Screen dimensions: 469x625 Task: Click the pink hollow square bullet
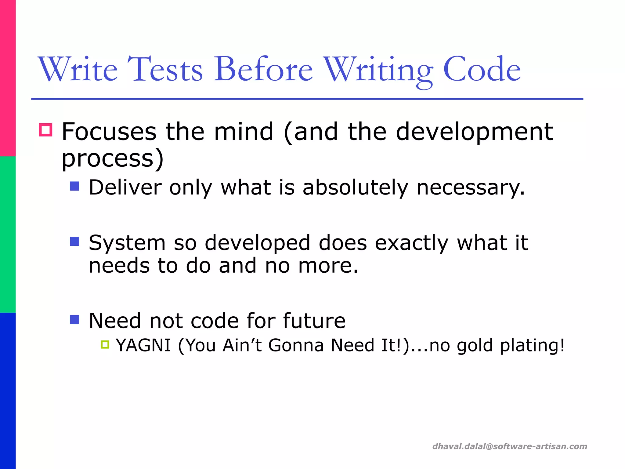(x=46, y=130)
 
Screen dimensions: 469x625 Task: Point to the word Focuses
(x=109, y=132)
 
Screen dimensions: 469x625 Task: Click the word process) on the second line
(x=113, y=159)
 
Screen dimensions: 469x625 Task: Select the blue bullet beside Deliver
(x=74, y=186)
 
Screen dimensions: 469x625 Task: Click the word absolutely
(x=355, y=187)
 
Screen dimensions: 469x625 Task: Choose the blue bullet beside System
(x=74, y=242)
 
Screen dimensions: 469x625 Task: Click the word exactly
(x=411, y=243)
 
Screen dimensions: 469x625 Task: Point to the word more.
(x=328, y=265)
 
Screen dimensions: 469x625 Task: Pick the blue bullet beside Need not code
(x=74, y=319)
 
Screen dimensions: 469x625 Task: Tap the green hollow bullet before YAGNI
(x=105, y=345)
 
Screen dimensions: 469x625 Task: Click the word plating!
(x=532, y=345)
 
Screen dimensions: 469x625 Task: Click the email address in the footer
(x=510, y=446)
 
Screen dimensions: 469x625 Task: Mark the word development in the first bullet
(x=474, y=132)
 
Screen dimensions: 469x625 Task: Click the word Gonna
(x=296, y=345)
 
